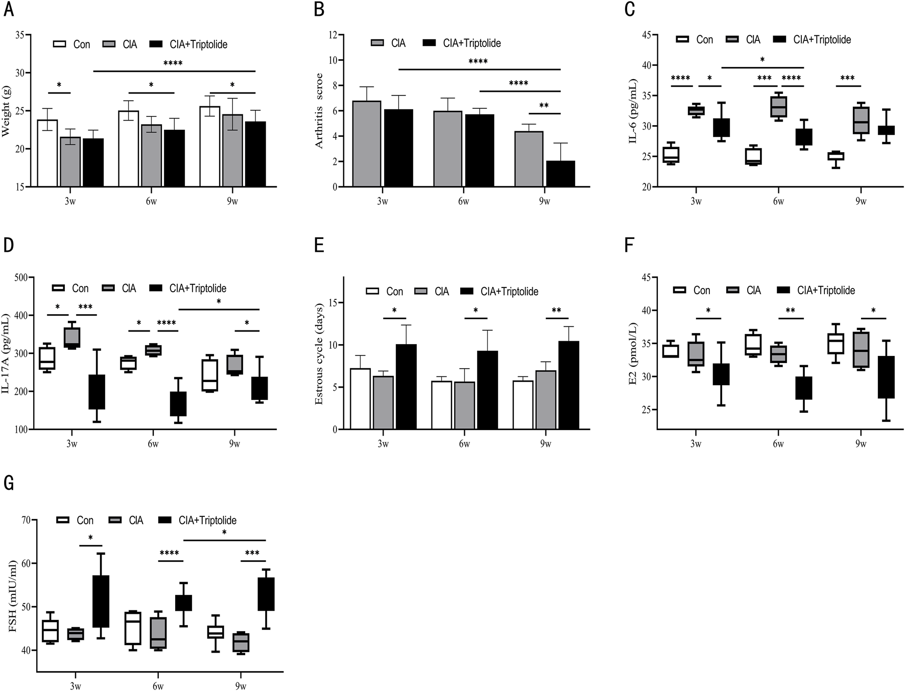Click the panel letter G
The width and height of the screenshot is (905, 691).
tap(8, 482)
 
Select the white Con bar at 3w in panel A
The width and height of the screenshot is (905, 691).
tap(47, 153)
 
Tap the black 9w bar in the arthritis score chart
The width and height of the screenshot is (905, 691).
tap(560, 174)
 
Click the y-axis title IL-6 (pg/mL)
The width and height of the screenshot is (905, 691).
tap(633, 111)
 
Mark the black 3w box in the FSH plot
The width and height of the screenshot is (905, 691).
tap(101, 602)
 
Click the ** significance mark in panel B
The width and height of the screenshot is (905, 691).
tap(543, 106)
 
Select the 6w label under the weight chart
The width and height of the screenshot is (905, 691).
tap(151, 201)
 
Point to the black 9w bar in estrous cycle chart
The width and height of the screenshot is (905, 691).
tap(568, 385)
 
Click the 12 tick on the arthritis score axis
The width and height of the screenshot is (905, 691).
tap(333, 35)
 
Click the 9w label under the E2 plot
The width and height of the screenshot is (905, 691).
tap(861, 444)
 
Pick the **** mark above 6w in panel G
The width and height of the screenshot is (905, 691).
tap(169, 553)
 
